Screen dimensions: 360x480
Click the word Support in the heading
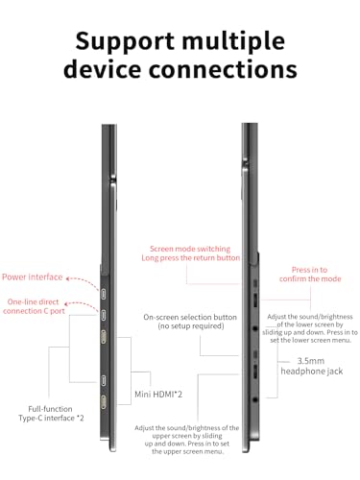coord(125,41)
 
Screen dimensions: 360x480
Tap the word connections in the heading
coord(223,69)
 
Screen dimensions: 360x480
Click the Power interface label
coord(33,277)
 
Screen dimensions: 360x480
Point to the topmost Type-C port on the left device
coord(104,294)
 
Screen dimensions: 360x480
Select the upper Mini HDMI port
coord(104,337)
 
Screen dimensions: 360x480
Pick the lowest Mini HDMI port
coord(104,402)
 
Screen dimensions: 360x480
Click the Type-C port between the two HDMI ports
coord(104,381)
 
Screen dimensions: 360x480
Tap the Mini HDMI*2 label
coord(158,395)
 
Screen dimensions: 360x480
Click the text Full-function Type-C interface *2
coord(51,414)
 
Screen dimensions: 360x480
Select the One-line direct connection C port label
coord(34,306)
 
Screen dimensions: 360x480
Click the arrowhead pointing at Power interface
coord(68,278)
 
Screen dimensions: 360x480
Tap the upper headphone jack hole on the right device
coord(255,328)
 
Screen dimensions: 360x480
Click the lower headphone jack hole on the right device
coord(255,399)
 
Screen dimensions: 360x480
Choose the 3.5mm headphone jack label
coord(312,366)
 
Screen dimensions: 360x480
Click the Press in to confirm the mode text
coord(310,275)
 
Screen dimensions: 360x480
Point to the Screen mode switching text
coord(190,249)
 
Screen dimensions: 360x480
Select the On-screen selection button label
coord(190,322)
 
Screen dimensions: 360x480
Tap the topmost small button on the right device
coord(255,283)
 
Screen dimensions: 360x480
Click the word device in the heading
coord(103,69)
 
